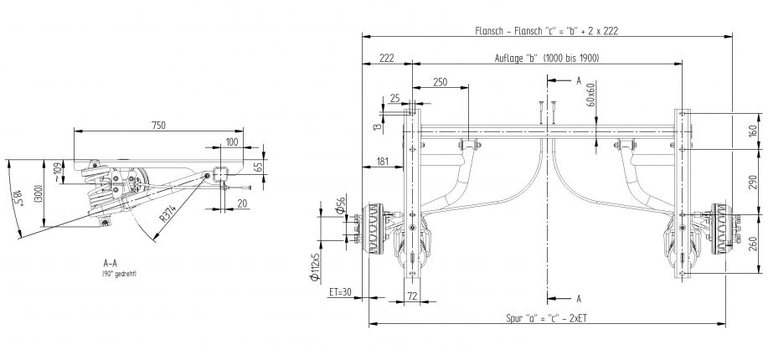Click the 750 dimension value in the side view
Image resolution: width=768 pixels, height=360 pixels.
158,125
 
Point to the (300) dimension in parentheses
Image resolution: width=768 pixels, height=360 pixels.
36,193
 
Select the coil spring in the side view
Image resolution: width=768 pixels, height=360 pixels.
98,194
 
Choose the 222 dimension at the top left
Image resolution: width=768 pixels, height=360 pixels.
386,58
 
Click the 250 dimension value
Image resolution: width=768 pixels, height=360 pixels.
441,81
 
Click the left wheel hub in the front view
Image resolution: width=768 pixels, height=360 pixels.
371,231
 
